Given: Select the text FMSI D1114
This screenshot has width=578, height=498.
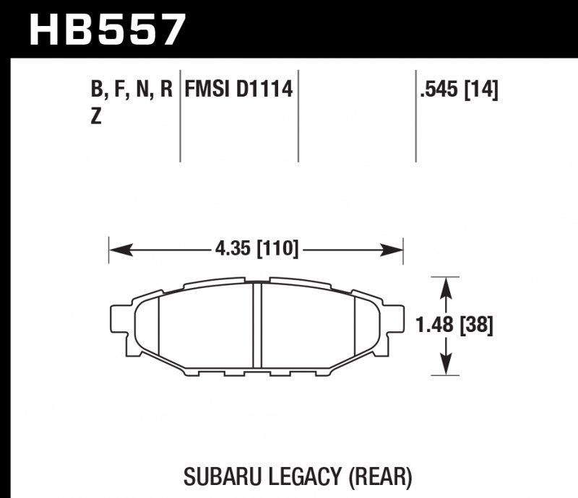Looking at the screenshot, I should click(238, 90).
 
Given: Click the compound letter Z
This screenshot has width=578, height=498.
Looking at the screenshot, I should click(96, 116).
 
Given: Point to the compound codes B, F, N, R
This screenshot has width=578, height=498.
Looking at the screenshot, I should click(132, 90).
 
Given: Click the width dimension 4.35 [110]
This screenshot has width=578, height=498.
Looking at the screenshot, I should click(256, 250).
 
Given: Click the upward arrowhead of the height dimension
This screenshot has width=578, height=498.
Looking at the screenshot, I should click(447, 287).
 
